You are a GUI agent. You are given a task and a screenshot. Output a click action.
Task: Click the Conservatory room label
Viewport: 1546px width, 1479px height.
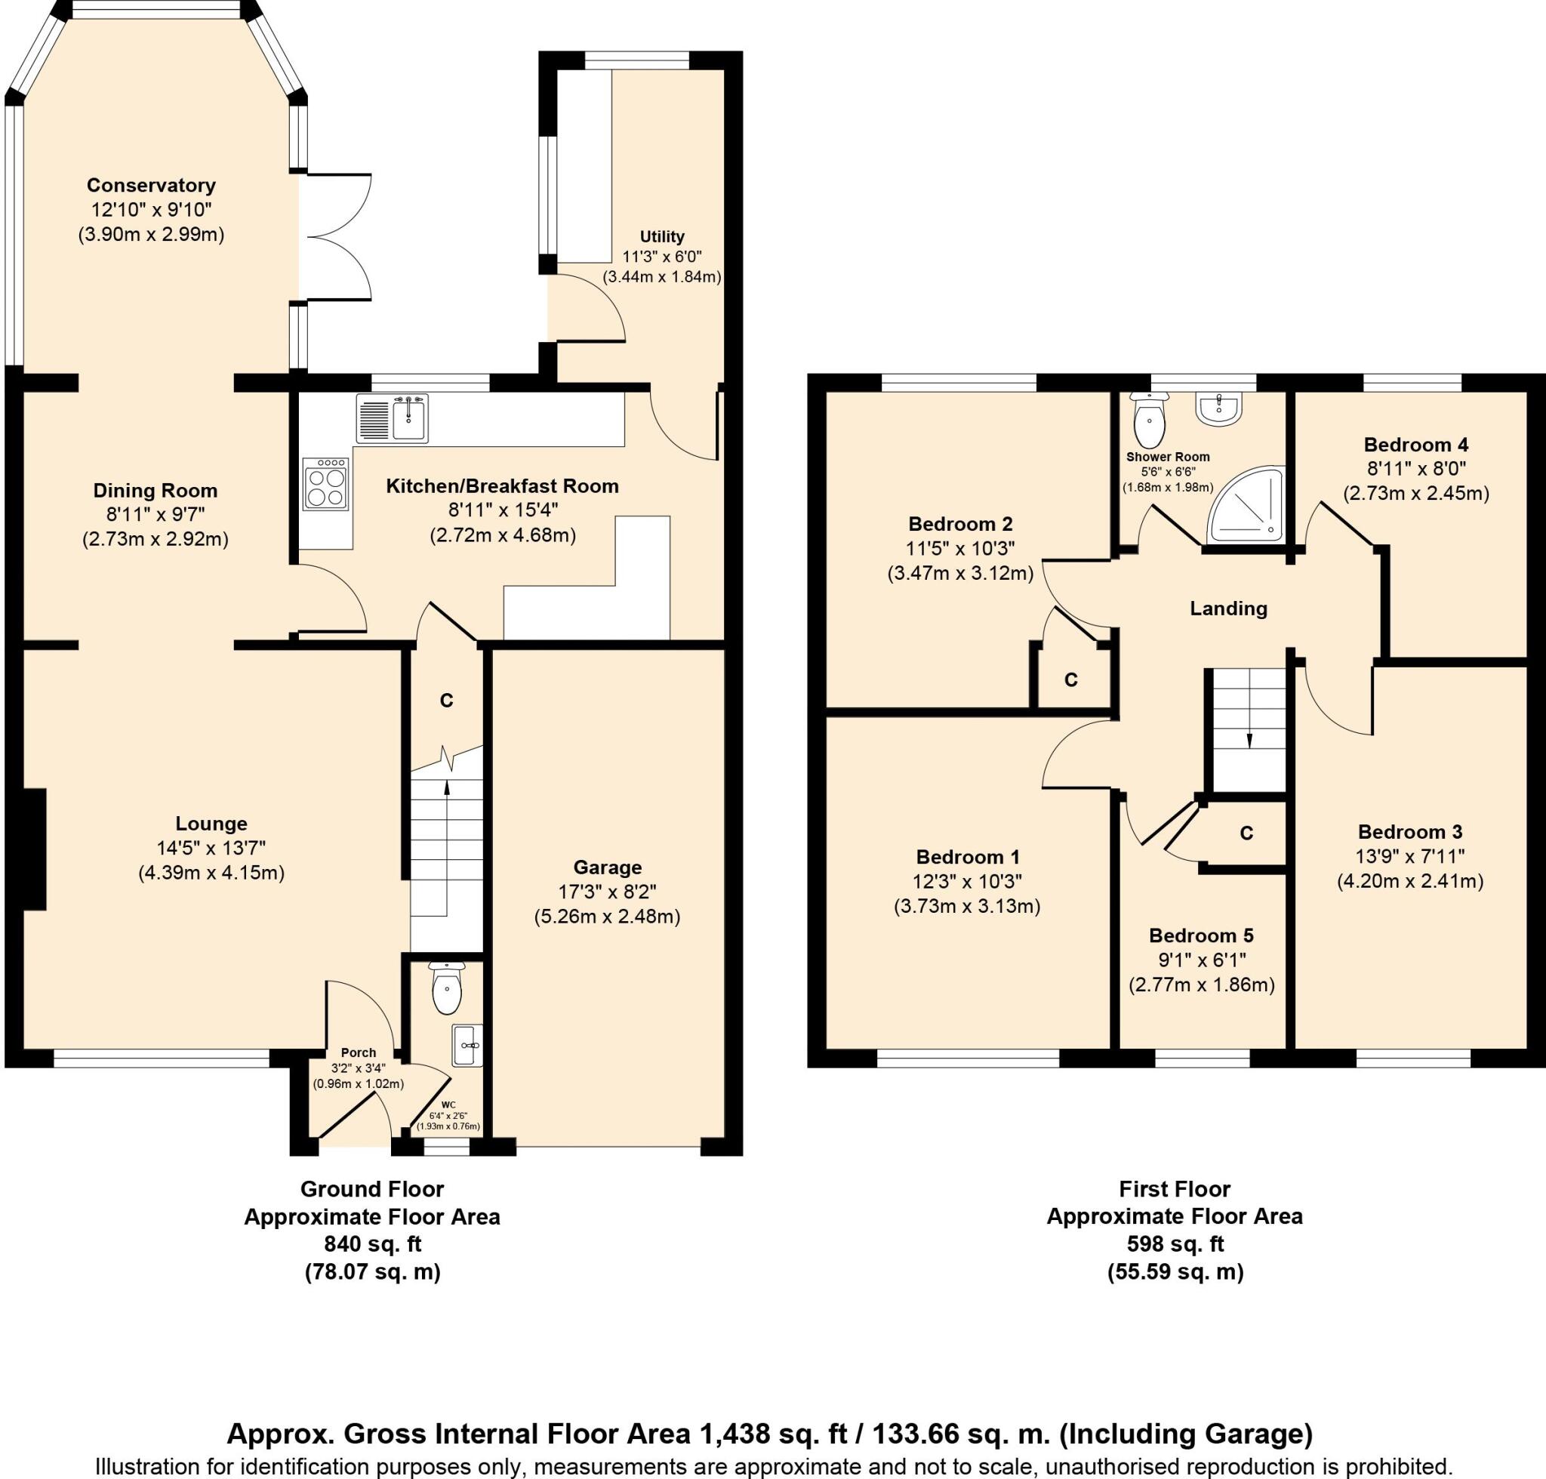click(x=150, y=185)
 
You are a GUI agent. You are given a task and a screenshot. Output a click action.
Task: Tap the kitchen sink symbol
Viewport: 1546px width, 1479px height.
click(x=393, y=418)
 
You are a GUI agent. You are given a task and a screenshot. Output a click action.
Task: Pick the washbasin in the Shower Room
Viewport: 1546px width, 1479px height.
click(x=1219, y=408)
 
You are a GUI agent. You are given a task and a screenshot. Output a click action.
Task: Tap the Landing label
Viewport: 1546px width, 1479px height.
click(x=1228, y=609)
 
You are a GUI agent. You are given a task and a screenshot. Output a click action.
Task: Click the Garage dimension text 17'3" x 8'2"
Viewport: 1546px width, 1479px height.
click(x=607, y=892)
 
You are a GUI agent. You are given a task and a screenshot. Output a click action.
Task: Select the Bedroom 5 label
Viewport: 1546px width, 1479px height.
click(x=1201, y=936)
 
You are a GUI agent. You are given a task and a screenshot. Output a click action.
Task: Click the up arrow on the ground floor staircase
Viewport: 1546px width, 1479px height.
click(x=447, y=787)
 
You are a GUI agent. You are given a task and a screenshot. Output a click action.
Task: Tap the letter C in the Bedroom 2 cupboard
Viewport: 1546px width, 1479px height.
click(x=1070, y=679)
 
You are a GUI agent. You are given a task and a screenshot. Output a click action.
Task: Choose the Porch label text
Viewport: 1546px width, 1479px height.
click(x=358, y=1052)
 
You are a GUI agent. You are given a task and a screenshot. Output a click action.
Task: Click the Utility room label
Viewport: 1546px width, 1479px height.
click(x=661, y=236)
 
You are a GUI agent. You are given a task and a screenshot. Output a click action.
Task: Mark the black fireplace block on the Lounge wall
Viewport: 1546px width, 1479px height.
click(x=35, y=849)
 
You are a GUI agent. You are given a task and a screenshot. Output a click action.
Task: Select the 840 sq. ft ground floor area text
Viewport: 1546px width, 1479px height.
click(x=372, y=1244)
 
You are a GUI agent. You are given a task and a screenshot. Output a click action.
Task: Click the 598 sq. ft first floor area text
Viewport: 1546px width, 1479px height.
click(x=1175, y=1244)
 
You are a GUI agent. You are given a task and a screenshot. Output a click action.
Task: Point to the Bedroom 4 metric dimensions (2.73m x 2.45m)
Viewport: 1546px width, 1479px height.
click(x=1416, y=494)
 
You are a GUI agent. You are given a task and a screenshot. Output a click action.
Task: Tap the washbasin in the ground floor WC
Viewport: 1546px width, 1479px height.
click(x=467, y=1046)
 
